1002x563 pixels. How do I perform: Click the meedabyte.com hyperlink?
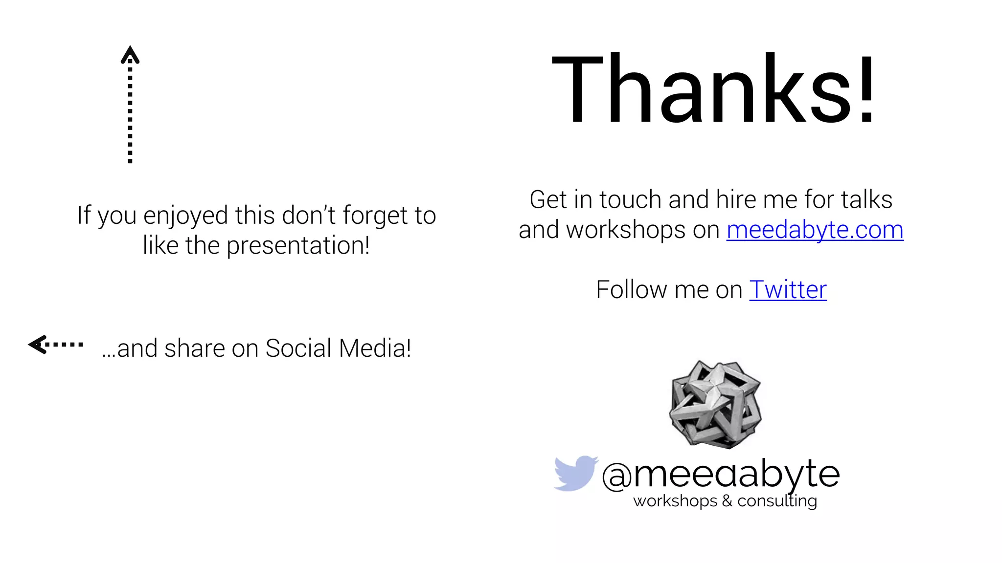tap(815, 230)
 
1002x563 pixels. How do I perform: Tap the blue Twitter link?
tap(788, 290)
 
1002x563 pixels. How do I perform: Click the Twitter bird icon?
tap(575, 473)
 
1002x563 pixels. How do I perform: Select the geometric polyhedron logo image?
tap(716, 404)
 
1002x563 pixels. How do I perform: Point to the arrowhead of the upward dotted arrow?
tap(130, 54)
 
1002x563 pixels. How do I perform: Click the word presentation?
tap(297, 245)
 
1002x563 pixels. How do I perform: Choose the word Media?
tap(375, 348)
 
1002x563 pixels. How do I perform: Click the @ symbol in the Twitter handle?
tap(617, 476)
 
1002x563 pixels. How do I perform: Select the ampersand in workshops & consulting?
tap(727, 501)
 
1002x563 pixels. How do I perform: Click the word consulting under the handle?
tap(777, 501)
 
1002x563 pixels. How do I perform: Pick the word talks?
tap(866, 199)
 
